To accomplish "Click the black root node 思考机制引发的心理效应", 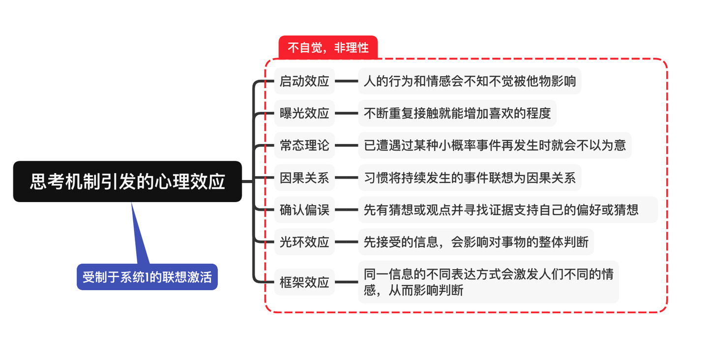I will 127,181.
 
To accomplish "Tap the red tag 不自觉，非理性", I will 328,48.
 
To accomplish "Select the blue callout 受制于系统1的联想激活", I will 147,277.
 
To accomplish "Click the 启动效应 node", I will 304,81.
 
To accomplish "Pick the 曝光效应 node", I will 304,113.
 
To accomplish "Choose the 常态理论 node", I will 304,146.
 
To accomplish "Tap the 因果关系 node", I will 304,178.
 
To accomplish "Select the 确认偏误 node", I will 304,210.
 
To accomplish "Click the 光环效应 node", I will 304,242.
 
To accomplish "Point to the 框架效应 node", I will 304,282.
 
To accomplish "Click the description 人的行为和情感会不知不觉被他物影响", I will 470,81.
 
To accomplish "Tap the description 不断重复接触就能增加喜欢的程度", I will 457,113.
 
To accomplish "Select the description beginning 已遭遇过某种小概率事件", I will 495,146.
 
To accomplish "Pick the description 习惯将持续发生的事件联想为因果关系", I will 470,178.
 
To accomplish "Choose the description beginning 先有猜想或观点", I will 507,210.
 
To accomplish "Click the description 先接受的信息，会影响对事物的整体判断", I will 476,242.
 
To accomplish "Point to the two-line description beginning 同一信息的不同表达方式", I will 488,282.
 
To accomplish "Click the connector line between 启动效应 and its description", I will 346,81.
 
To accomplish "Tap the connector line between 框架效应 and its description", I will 346,282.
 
